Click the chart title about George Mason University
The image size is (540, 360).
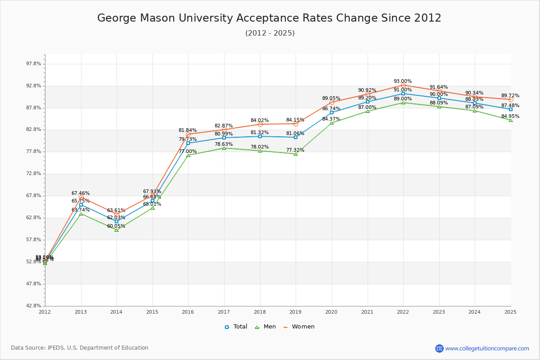pos(269,18)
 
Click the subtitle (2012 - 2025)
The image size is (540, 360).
pos(270,33)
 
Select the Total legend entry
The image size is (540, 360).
pos(236,327)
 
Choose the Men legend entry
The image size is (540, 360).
pos(265,327)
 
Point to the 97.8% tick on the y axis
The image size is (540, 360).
pos(34,64)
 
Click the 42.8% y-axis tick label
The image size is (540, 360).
pos(34,306)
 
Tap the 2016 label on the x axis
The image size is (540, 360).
pos(188,312)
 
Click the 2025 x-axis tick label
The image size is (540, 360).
pos(510,312)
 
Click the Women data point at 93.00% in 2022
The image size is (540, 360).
pos(403,85)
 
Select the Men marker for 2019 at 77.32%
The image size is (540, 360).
pos(296,154)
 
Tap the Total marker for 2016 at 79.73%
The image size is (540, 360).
pos(188,143)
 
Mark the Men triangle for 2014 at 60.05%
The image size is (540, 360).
pos(117,230)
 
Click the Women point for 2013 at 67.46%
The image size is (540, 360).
pos(81,198)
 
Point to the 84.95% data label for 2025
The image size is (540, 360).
pos(510,117)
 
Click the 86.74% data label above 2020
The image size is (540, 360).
pos(331,109)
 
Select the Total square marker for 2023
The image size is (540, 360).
pos(439,98)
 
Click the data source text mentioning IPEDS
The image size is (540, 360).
pos(79,348)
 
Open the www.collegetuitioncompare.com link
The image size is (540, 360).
pos(487,348)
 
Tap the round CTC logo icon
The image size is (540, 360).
pos(439,348)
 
